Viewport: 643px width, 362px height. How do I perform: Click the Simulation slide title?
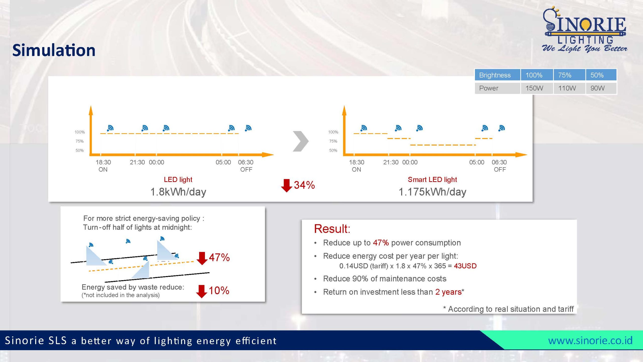click(x=54, y=50)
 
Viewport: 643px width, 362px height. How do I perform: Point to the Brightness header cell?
click(x=497, y=75)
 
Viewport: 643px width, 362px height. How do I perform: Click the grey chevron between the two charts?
click(x=301, y=141)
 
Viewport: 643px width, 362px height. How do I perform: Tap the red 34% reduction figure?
click(x=304, y=185)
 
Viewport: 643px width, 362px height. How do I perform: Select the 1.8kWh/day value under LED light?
click(x=178, y=192)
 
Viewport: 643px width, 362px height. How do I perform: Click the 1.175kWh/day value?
click(x=432, y=192)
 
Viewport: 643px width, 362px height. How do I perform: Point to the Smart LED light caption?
click(x=432, y=179)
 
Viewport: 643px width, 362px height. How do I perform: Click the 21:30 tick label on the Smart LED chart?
click(x=391, y=162)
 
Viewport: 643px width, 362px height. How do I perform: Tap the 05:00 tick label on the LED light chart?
click(x=223, y=162)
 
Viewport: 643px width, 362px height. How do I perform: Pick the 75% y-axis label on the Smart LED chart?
click(x=333, y=141)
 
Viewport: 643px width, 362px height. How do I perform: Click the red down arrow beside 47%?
click(x=202, y=258)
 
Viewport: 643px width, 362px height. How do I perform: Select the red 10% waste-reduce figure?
click(x=219, y=291)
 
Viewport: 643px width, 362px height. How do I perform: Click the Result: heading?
click(x=332, y=229)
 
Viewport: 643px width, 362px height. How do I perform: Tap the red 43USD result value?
click(x=465, y=266)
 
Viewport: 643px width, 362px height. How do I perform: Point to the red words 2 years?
click(x=448, y=292)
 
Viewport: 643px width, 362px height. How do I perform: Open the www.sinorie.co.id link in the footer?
click(x=590, y=340)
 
